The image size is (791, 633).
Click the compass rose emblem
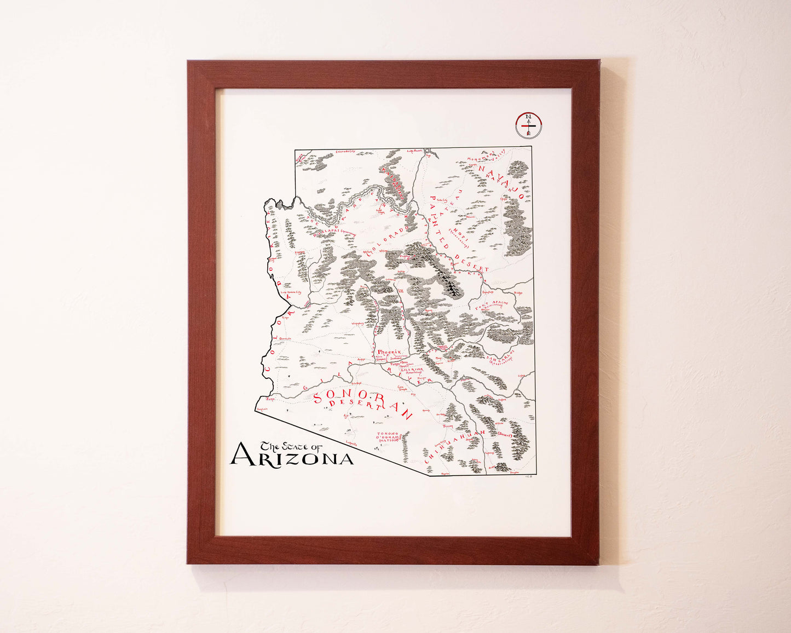[x=529, y=125]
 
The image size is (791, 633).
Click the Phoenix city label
[x=390, y=352]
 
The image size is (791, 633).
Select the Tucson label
[x=448, y=425]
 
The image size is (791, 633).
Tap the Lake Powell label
[x=415, y=151]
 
